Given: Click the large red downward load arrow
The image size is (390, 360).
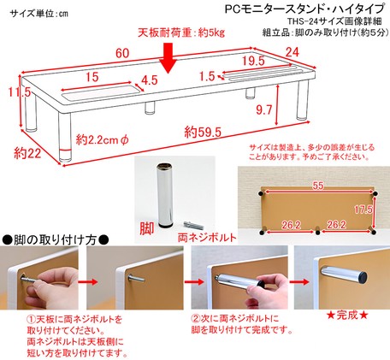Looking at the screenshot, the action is click(169, 58).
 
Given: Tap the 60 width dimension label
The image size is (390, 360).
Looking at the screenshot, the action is click(122, 53).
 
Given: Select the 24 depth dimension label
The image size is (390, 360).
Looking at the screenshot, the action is click(292, 52).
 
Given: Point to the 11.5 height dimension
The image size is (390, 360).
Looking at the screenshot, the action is click(19, 92).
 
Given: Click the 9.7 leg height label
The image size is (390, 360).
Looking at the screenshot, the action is click(263, 110).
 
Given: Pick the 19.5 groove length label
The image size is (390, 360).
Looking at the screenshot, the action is click(253, 61).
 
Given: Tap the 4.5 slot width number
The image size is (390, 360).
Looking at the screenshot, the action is click(150, 80).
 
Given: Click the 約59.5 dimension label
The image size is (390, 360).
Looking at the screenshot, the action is click(203, 133).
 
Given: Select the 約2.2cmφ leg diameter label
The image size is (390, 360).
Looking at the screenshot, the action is click(103, 139).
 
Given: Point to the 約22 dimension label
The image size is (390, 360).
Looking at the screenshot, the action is click(27, 154).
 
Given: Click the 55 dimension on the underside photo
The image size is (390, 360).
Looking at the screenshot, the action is click(318, 186).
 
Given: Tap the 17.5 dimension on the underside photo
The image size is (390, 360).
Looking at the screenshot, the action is click(363, 210).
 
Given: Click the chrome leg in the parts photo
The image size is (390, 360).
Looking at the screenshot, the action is click(164, 195).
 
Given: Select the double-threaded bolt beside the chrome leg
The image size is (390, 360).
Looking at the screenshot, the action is click(193, 225).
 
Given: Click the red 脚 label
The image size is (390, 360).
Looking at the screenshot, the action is click(147, 228).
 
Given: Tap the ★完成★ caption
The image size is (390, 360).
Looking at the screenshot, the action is click(347, 316).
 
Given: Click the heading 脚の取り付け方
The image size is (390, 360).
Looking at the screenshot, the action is click(56, 240).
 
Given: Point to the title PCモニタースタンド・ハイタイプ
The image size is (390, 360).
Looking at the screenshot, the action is click(304, 9).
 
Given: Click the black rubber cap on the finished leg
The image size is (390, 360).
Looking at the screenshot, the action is click(362, 277).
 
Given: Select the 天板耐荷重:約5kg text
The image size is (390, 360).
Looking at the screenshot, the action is click(181, 33).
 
